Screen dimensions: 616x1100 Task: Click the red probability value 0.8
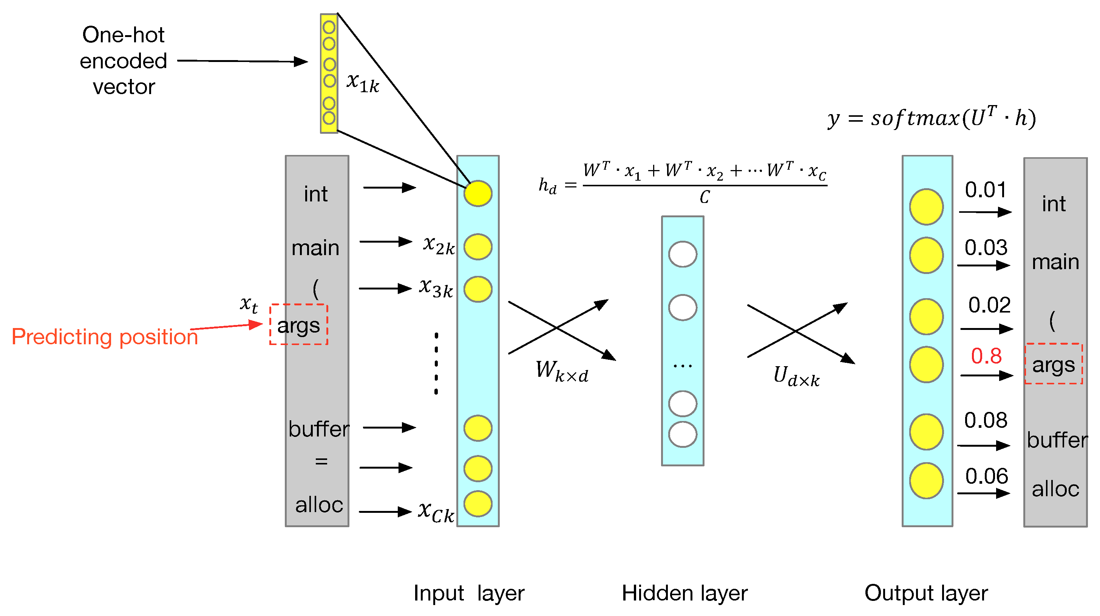tap(986, 356)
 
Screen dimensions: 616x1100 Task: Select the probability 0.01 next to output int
tap(986, 190)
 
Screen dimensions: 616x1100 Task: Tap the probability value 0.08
tap(986, 420)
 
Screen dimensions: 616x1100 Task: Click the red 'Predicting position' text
tap(105, 337)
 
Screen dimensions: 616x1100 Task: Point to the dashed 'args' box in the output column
tap(1054, 364)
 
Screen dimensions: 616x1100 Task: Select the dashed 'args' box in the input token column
tap(298, 325)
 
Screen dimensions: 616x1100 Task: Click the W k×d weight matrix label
tap(562, 371)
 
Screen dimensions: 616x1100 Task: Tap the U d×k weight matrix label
tap(796, 376)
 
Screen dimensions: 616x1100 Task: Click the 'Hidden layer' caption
tap(684, 593)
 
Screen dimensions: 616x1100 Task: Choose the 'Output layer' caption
tap(926, 593)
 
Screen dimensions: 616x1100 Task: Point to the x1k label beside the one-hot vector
tap(363, 82)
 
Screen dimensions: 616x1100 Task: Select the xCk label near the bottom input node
tap(436, 511)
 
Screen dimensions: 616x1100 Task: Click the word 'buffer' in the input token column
tap(318, 429)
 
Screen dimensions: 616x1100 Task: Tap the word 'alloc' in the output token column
tap(1055, 489)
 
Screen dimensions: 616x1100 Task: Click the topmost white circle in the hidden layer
tap(682, 254)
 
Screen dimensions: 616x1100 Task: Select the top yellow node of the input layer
tap(478, 193)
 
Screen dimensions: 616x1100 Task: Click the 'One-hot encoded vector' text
tap(124, 61)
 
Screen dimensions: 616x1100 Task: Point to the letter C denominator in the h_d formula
tap(704, 197)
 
